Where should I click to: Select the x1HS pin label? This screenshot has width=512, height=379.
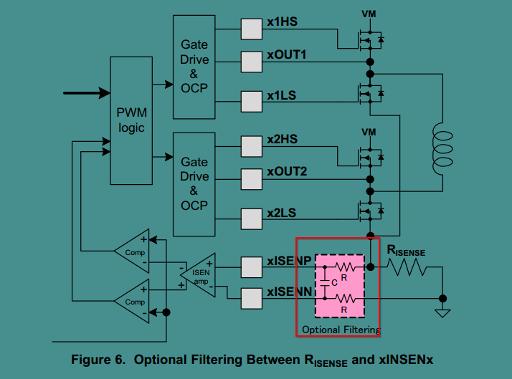pyautogui.click(x=282, y=22)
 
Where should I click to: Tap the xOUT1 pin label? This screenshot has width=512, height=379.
pyautogui.click(x=287, y=55)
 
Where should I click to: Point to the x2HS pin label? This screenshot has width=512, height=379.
pyautogui.click(x=282, y=140)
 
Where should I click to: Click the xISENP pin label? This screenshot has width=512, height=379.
pyautogui.click(x=290, y=262)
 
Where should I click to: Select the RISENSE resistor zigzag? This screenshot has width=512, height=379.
pyautogui.click(x=407, y=267)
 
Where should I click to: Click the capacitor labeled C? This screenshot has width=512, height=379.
pyautogui.click(x=326, y=282)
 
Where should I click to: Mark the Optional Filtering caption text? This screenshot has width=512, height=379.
pyautogui.click(x=341, y=329)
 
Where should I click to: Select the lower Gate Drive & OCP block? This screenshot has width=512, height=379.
pyautogui.click(x=194, y=183)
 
